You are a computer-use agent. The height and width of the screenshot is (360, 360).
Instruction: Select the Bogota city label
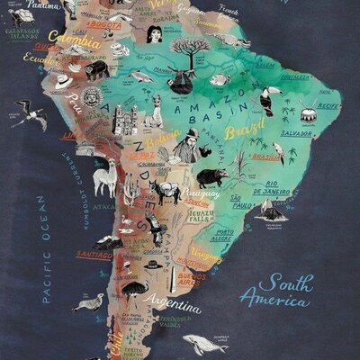point(106,24)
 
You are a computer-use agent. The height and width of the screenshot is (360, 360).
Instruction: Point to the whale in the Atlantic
point(205,343)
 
